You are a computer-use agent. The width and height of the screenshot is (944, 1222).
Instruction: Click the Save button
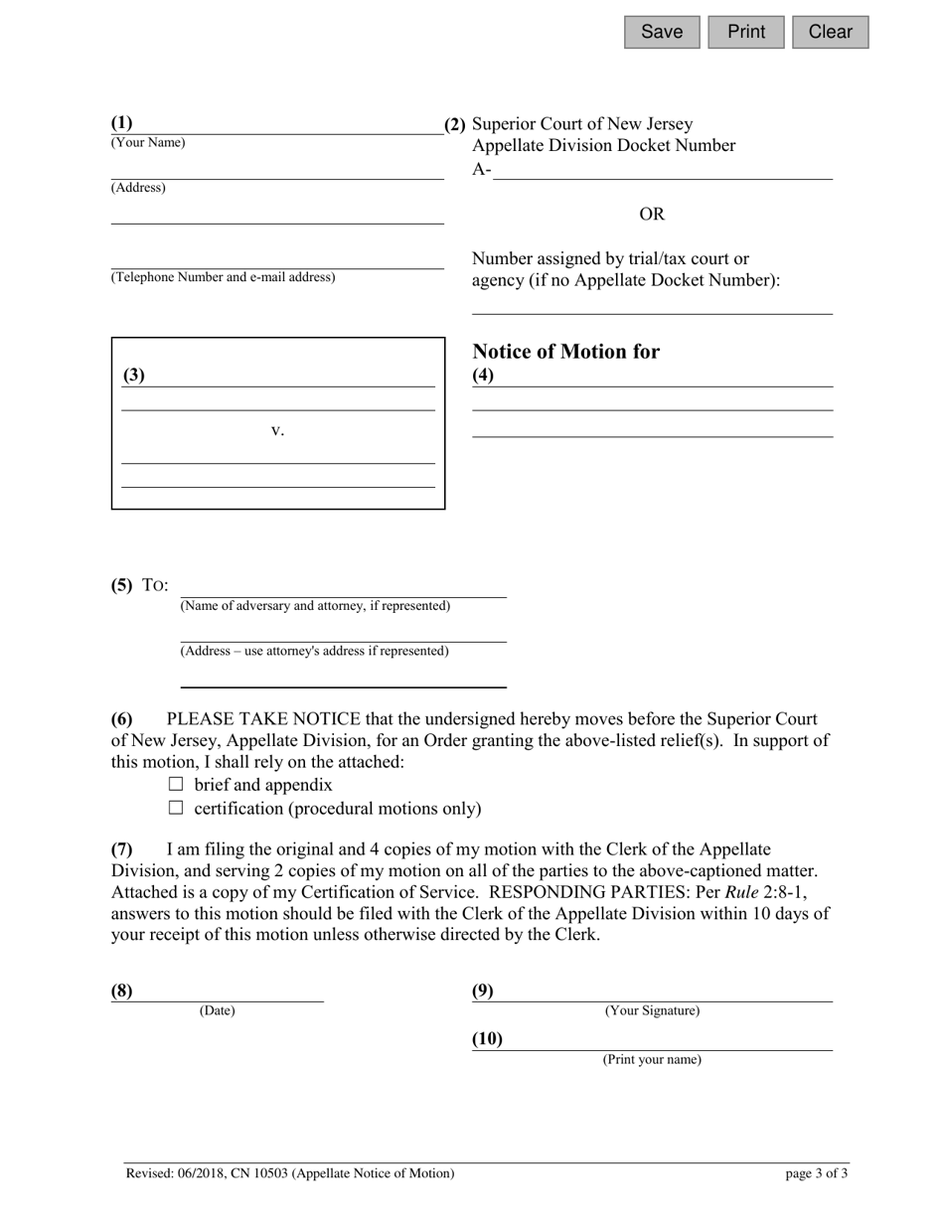[x=662, y=32]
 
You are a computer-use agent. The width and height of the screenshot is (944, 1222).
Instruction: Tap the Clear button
[x=830, y=32]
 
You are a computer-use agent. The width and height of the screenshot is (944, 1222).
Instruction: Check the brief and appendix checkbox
[x=177, y=784]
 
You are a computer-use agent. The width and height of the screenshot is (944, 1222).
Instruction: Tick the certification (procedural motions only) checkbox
[x=177, y=808]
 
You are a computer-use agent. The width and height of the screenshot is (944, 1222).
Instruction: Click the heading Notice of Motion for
[x=565, y=352]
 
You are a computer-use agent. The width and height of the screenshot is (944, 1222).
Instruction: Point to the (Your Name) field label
[x=148, y=143]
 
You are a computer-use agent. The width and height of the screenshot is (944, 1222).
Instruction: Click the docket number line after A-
[x=662, y=171]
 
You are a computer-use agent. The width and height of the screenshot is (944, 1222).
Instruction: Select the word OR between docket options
[x=652, y=215]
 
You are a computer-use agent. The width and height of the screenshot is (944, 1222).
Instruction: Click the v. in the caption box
[x=278, y=430]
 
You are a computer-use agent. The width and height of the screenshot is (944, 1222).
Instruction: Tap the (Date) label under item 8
[x=217, y=1011]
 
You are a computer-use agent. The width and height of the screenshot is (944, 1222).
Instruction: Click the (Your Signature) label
[x=652, y=1011]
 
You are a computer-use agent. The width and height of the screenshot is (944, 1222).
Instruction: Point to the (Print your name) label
[x=652, y=1060]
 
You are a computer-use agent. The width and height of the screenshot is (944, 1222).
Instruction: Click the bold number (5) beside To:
[x=121, y=584]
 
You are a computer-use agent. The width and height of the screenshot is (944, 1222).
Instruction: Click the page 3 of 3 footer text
[x=816, y=1173]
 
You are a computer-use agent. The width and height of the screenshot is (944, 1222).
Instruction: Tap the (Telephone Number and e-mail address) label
[x=223, y=277]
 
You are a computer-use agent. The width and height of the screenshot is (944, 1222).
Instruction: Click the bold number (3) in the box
[x=134, y=376]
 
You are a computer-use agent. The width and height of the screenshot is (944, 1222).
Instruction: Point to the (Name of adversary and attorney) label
[x=315, y=606]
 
